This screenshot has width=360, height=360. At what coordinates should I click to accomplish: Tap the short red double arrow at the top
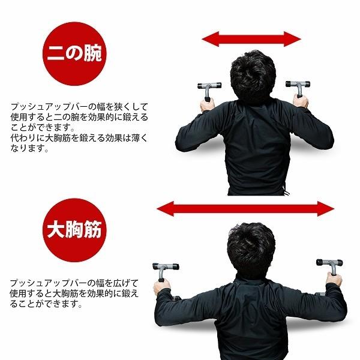pos(251,40)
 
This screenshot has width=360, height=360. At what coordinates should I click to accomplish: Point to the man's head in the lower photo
pos(251,246)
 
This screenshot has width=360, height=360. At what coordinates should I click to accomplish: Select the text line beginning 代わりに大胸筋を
pos(79,138)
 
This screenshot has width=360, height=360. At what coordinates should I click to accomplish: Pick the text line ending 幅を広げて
pos(79,282)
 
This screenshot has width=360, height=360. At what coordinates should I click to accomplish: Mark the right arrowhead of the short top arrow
pos(295,40)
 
